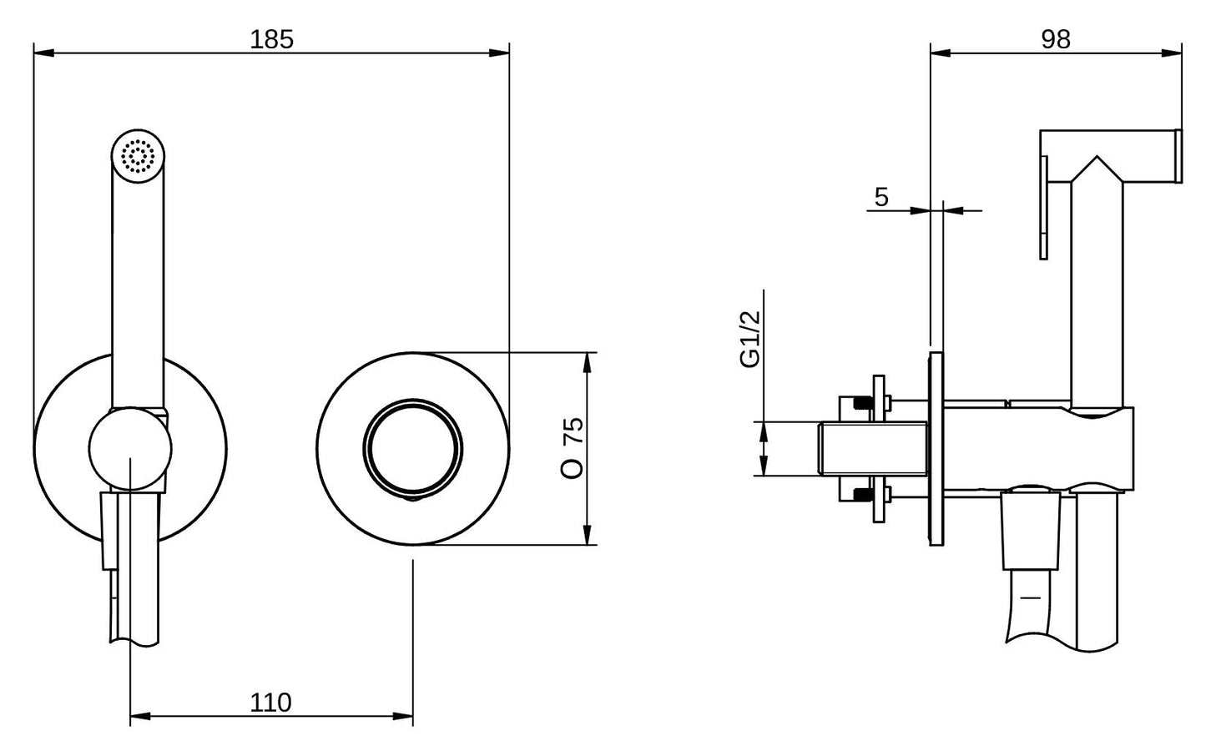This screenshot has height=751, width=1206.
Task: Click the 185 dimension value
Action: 272,40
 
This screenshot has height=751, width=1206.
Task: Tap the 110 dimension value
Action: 270,703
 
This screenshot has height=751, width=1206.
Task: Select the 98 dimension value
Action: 1056,40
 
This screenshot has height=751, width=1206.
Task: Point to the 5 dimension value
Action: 881,197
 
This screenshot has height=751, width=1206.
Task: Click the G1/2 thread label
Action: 750,339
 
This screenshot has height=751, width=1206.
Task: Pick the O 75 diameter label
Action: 572,447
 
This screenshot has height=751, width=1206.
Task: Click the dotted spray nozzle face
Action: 138,156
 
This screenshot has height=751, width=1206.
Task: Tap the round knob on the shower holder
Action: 130,449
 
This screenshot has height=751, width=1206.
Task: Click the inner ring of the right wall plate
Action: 413,448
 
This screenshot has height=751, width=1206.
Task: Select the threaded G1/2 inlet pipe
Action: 873,448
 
